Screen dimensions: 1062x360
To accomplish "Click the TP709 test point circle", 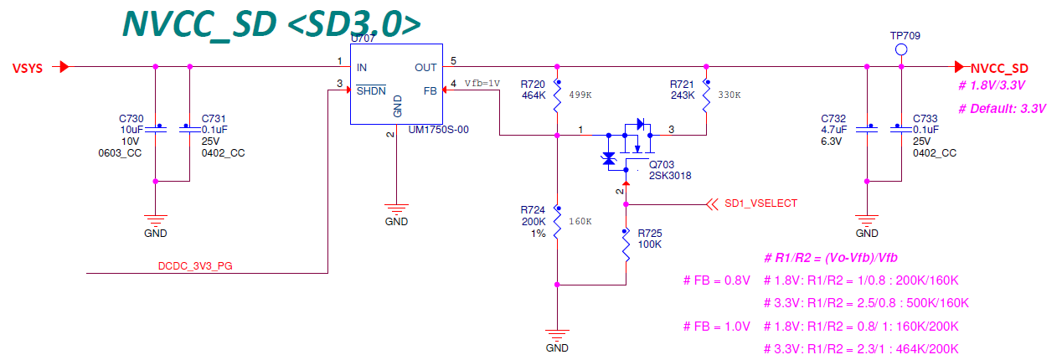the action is click(x=901, y=49).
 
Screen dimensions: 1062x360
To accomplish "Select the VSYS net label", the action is click(x=28, y=68).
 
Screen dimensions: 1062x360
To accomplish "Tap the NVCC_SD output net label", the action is click(x=999, y=68).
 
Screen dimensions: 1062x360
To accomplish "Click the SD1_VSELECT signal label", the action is click(x=760, y=203).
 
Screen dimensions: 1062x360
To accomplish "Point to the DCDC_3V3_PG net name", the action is click(x=195, y=266).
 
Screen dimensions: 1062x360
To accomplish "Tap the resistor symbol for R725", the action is click(x=626, y=245).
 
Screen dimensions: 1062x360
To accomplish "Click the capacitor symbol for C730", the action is click(x=156, y=129).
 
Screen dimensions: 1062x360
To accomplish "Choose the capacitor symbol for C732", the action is click(x=867, y=129).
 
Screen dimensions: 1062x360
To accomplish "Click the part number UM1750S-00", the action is click(x=439, y=130).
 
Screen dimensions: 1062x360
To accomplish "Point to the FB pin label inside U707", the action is click(x=430, y=91).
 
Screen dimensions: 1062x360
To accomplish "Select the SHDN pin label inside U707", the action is click(x=371, y=90).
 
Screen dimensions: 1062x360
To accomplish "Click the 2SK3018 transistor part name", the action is click(x=670, y=176).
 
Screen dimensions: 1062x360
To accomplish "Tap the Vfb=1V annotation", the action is click(x=482, y=84).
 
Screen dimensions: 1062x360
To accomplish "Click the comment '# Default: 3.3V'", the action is click(x=1002, y=109).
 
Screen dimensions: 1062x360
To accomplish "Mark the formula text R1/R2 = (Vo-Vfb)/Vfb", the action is click(x=831, y=258).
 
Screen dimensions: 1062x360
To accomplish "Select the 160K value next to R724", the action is click(x=580, y=221).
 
